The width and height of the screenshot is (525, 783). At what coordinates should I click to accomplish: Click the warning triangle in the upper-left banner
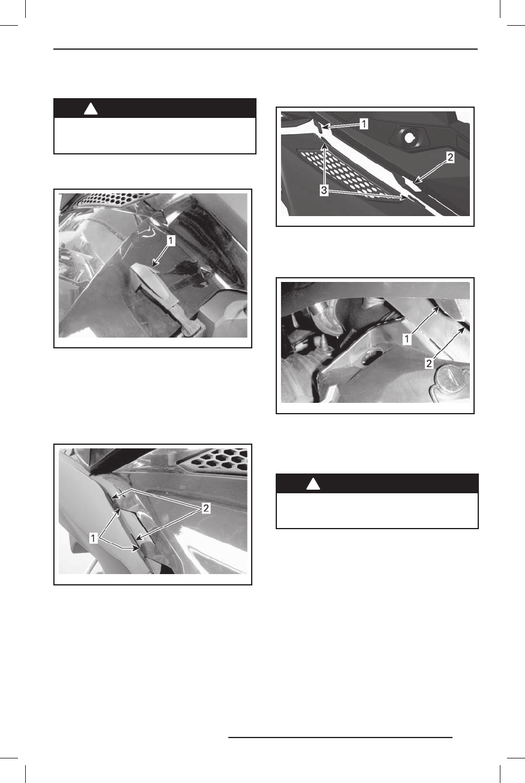90,109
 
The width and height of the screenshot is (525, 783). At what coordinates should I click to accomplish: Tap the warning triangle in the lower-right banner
312,484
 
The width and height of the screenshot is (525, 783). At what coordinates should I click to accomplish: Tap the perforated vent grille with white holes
348,174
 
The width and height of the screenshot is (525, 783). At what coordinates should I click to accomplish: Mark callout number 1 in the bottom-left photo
95,538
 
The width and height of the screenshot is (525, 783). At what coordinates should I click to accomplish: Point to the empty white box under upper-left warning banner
155,136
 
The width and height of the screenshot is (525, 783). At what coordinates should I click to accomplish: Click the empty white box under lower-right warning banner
376,510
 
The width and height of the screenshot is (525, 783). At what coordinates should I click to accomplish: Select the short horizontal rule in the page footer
340,738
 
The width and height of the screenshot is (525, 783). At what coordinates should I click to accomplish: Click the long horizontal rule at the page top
265,49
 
